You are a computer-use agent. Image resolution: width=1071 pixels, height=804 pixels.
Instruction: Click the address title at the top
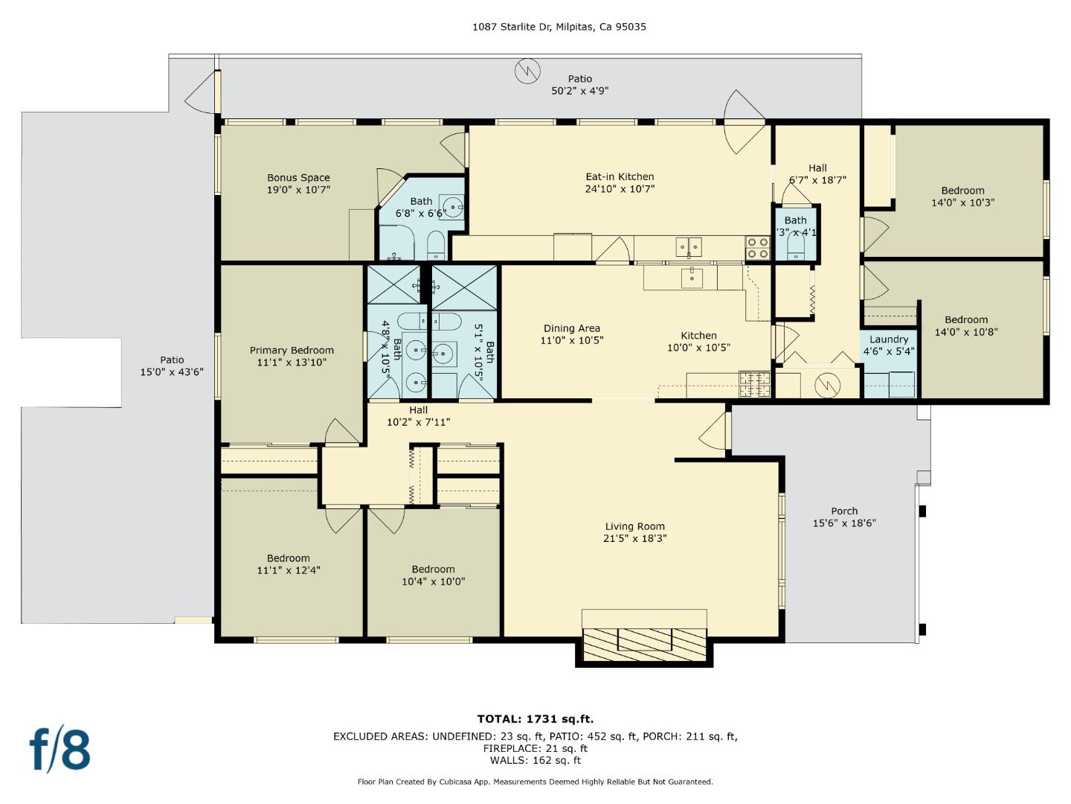tap(559, 27)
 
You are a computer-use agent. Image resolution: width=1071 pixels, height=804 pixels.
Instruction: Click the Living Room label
tap(634, 526)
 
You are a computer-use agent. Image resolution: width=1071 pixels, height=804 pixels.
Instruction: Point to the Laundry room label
tap(889, 339)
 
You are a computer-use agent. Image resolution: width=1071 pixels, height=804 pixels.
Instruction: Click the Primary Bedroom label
tap(292, 351)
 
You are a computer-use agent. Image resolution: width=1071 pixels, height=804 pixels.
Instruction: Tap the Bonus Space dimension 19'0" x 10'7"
tap(298, 190)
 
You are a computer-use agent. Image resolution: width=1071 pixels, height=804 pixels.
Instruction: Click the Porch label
tap(844, 511)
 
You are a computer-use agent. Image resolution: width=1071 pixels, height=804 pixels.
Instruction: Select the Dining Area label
tap(571, 328)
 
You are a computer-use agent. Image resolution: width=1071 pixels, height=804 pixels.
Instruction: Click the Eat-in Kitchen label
tap(620, 177)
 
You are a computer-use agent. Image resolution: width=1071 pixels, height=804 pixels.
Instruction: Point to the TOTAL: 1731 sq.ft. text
tap(535, 719)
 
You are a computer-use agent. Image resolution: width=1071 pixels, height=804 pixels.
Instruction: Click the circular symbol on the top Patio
tap(527, 71)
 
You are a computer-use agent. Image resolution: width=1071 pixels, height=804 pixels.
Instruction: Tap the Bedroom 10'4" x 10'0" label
tap(433, 569)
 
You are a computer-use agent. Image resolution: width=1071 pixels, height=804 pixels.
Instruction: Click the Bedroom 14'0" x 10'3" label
tap(962, 191)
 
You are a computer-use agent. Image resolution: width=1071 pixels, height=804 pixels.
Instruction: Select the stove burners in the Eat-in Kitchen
tap(757, 248)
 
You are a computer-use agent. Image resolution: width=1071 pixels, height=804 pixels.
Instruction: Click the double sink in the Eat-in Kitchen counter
tap(689, 246)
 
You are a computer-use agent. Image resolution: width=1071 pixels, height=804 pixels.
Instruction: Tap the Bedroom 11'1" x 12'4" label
tap(289, 558)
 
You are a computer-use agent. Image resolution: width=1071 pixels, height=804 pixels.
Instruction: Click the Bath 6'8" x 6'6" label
tap(421, 202)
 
